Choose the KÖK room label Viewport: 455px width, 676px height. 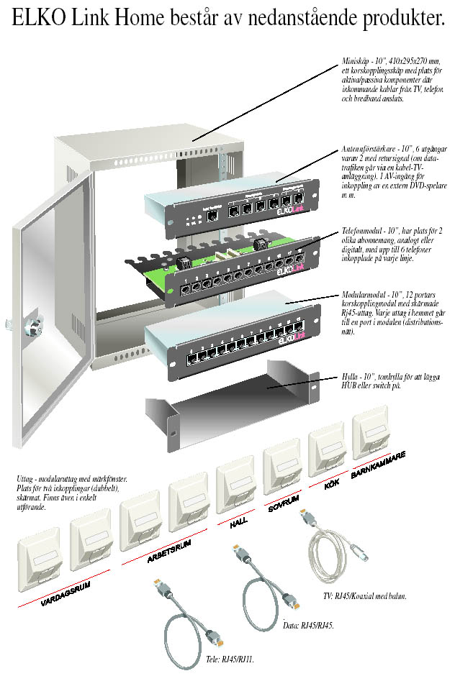point(331,485)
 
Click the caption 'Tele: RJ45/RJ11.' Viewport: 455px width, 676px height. point(225,658)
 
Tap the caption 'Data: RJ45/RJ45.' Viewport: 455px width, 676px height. point(309,626)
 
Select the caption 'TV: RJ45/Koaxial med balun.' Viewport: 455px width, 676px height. point(366,595)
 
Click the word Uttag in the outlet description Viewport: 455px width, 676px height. point(24,478)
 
